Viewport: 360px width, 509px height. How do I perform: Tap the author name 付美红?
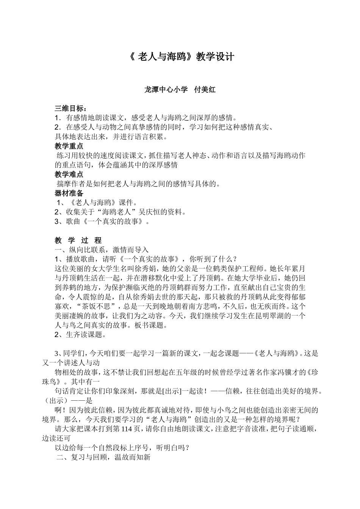pos(205,90)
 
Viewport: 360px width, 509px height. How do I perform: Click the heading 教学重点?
pos(69,146)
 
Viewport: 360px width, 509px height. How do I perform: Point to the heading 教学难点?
pos(69,175)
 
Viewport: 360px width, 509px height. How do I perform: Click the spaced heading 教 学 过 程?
pos(78,240)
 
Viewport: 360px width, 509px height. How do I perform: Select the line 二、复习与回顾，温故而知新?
pos(103,457)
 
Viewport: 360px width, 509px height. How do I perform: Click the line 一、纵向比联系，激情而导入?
pos(102,250)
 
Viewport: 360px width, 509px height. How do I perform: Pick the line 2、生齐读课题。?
pos(80,334)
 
